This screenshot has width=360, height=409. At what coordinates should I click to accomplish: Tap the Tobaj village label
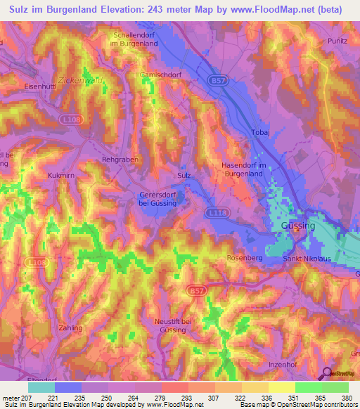[260, 132]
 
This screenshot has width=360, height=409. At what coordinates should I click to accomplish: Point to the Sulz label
[184, 175]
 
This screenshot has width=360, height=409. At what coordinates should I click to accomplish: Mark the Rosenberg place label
[244, 258]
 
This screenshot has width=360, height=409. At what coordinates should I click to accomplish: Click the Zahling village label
[71, 327]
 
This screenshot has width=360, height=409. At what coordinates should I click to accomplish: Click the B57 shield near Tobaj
[218, 82]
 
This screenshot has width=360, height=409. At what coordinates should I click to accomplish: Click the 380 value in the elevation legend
[345, 397]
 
